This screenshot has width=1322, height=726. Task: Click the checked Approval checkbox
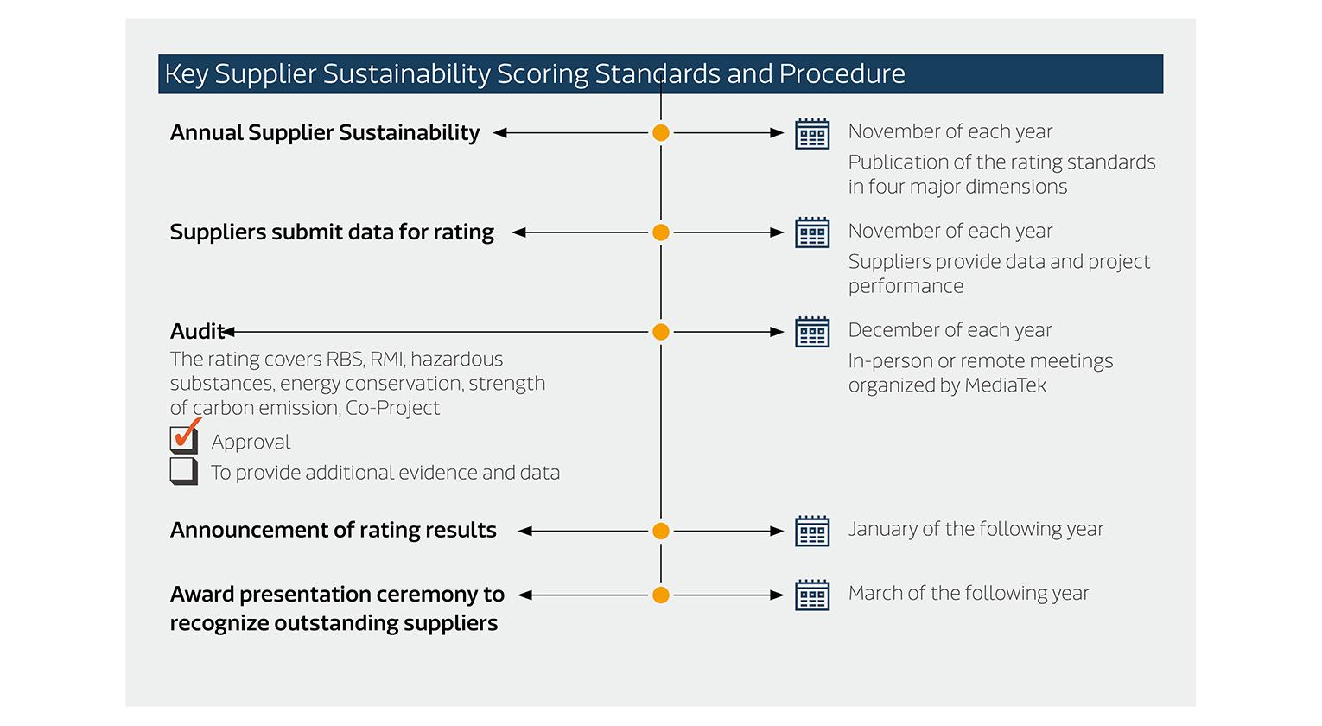(x=183, y=440)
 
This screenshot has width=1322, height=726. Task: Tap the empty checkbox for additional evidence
(x=183, y=471)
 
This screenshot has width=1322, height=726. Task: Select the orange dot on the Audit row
(x=661, y=332)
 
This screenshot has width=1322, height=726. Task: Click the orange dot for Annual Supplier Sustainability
(x=661, y=133)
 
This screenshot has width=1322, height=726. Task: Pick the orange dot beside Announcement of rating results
(x=661, y=531)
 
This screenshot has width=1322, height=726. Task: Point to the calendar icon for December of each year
(x=812, y=332)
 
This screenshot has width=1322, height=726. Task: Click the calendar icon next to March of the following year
(x=812, y=595)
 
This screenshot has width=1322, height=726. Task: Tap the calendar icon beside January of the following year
(x=812, y=531)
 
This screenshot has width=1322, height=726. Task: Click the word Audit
(x=196, y=332)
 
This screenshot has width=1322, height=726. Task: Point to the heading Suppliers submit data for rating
(x=332, y=232)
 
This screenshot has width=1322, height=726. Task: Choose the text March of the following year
(x=968, y=594)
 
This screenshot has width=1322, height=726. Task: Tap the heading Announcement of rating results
(x=333, y=530)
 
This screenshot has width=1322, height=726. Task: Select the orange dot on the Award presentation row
(x=661, y=595)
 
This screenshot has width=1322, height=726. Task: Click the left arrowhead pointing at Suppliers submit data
(x=519, y=232)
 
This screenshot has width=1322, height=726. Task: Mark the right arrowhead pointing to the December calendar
(x=777, y=332)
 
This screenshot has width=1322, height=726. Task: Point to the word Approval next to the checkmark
(x=251, y=443)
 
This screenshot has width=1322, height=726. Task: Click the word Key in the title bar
(x=186, y=74)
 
